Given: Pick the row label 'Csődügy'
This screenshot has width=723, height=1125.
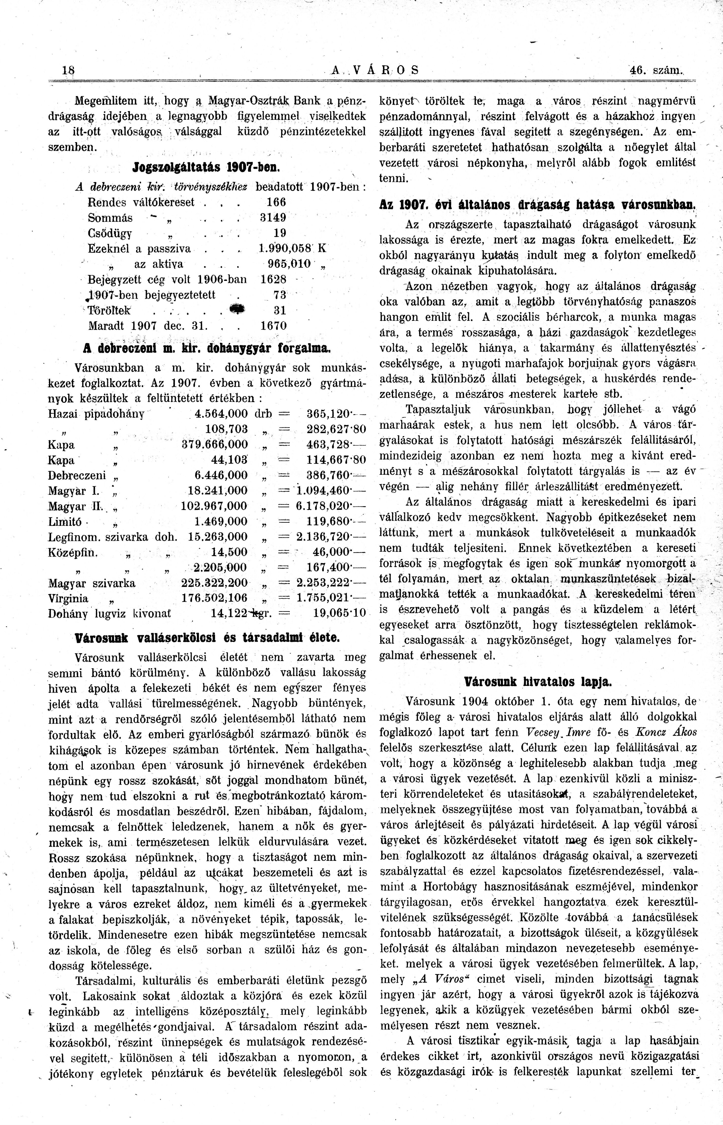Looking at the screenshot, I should pos(110,233).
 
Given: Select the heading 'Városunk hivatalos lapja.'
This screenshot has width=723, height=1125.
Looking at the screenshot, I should pos(538,682).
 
